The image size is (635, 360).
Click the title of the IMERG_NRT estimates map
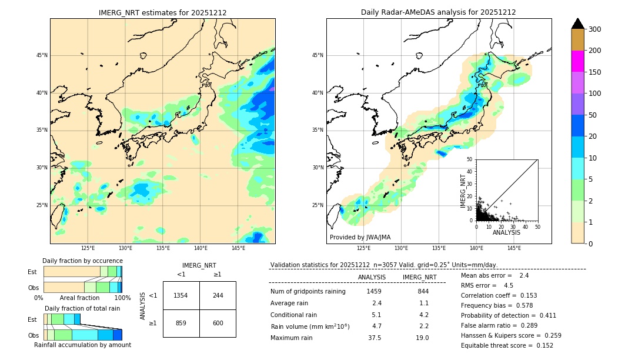coord(162,12)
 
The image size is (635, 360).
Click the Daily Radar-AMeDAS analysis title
coord(438,12)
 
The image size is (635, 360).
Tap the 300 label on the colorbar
coord(594,29)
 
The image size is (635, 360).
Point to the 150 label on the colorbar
coord(594,72)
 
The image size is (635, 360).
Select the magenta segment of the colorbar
coord(577,61)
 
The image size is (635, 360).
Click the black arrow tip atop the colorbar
coord(577,23)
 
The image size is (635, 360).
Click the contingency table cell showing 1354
coord(181,295)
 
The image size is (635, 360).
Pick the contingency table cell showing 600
coord(218,323)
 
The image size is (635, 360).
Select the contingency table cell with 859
coord(181,323)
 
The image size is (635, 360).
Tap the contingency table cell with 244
coord(218,295)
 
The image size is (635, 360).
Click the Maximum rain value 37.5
coord(374,338)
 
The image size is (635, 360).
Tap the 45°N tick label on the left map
coord(41,55)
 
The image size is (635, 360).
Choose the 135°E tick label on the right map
coord(439,248)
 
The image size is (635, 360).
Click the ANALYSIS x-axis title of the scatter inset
coord(506,232)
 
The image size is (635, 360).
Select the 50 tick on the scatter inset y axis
coord(470,159)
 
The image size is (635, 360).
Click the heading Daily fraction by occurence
coord(82,261)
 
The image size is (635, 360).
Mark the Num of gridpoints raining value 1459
coord(374,292)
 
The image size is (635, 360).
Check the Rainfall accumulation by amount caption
coord(82,345)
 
